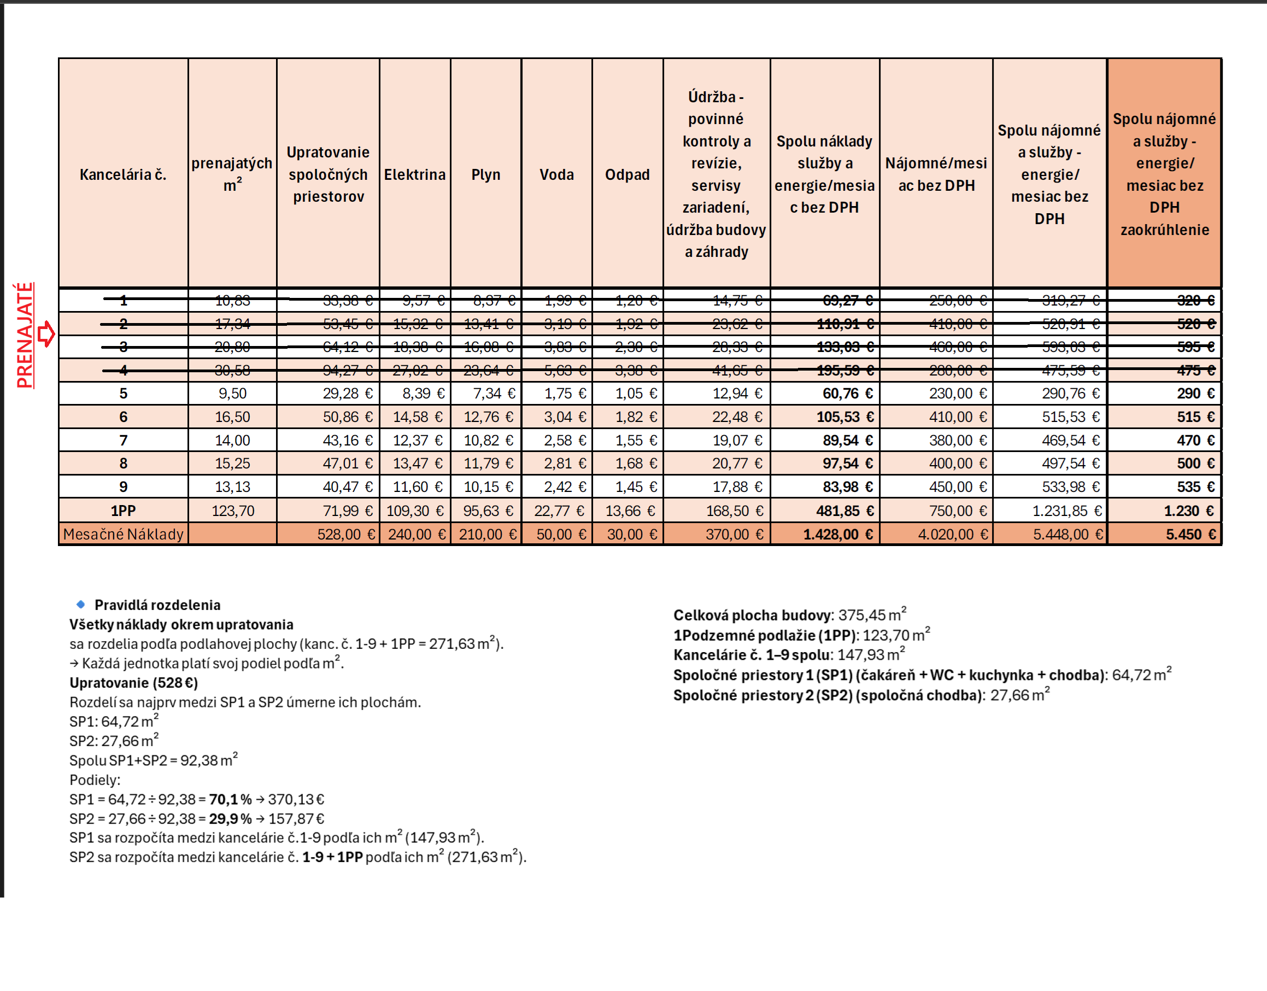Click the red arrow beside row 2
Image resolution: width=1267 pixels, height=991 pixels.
[46, 334]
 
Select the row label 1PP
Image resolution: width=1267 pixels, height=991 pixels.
[123, 511]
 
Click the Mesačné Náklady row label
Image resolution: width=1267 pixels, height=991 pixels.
[123, 534]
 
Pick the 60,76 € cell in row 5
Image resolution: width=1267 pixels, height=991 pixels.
[847, 394]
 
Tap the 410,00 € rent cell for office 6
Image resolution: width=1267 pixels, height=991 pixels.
[957, 417]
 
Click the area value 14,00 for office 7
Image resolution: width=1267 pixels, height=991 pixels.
[232, 441]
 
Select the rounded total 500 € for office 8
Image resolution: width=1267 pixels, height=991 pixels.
[1195, 464]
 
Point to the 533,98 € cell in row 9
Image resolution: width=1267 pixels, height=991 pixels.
[1070, 487]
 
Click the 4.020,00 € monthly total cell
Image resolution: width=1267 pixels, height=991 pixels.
[953, 534]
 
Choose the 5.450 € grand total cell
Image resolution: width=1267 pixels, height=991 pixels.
[1190, 534]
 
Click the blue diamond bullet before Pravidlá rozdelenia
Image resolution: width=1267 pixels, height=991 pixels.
[81, 604]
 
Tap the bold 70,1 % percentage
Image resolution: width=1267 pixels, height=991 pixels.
[230, 799]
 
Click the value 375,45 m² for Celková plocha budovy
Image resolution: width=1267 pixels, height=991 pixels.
[871, 614]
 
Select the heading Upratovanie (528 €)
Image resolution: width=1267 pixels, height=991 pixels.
[133, 682]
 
